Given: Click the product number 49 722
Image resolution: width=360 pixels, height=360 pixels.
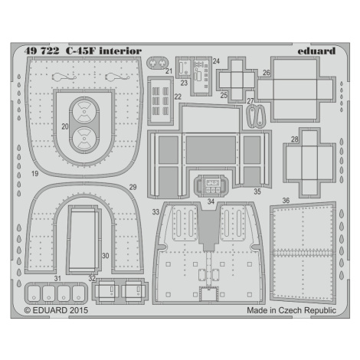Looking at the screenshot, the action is (x=41, y=51).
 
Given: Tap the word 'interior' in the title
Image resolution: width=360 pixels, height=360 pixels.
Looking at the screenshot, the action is (x=120, y=51).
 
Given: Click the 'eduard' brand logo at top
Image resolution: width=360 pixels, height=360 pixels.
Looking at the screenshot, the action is (x=316, y=51).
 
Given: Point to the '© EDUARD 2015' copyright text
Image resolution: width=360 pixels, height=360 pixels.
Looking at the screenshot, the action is (x=56, y=310).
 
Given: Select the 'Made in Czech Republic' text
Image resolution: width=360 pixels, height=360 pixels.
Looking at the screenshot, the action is (x=291, y=310).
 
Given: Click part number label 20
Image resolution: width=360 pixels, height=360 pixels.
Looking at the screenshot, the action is (x=65, y=126).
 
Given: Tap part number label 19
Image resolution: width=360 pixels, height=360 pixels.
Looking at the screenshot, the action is (x=35, y=174).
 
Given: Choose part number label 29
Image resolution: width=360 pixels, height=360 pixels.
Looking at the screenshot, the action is (x=133, y=187).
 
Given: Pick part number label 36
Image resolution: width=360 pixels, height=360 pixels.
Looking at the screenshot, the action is (x=286, y=201).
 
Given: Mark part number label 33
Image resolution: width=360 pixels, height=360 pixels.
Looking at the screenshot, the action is (x=155, y=212).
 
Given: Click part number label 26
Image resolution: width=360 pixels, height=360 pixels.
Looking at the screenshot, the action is (x=267, y=73).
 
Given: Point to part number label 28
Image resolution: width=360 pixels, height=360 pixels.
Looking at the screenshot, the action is (x=295, y=139).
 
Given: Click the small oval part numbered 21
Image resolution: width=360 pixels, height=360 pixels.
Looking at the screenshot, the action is (x=157, y=63).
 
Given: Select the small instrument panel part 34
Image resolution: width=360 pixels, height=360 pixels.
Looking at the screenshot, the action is (x=211, y=185).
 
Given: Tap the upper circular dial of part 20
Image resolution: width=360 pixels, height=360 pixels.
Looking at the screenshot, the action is (x=84, y=112).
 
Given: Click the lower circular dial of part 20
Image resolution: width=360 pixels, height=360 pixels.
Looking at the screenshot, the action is (x=84, y=139).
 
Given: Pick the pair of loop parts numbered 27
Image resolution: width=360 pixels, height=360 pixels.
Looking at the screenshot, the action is (x=256, y=116).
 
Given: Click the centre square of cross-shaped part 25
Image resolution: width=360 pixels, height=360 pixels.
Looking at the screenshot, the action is (x=237, y=80).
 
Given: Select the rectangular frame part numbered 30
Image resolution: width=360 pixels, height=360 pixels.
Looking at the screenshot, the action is (x=83, y=239).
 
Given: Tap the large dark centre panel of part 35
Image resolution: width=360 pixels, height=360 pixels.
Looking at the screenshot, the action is (x=211, y=150).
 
